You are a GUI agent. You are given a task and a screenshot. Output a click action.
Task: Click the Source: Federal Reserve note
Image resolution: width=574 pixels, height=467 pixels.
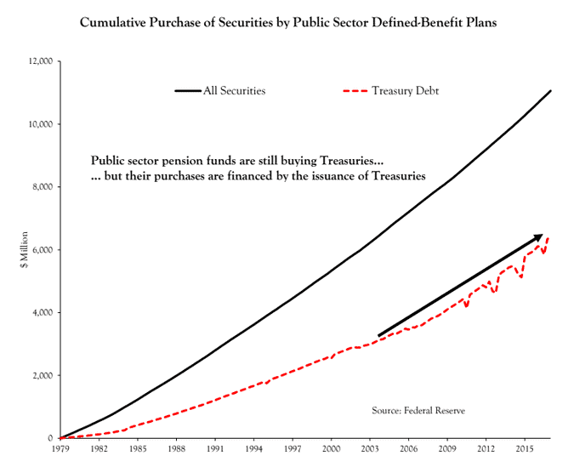418,411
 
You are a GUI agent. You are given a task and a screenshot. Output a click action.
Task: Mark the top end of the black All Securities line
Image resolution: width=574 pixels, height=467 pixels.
551,90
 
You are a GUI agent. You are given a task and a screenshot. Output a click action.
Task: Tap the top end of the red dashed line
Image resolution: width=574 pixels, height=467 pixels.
548,237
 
